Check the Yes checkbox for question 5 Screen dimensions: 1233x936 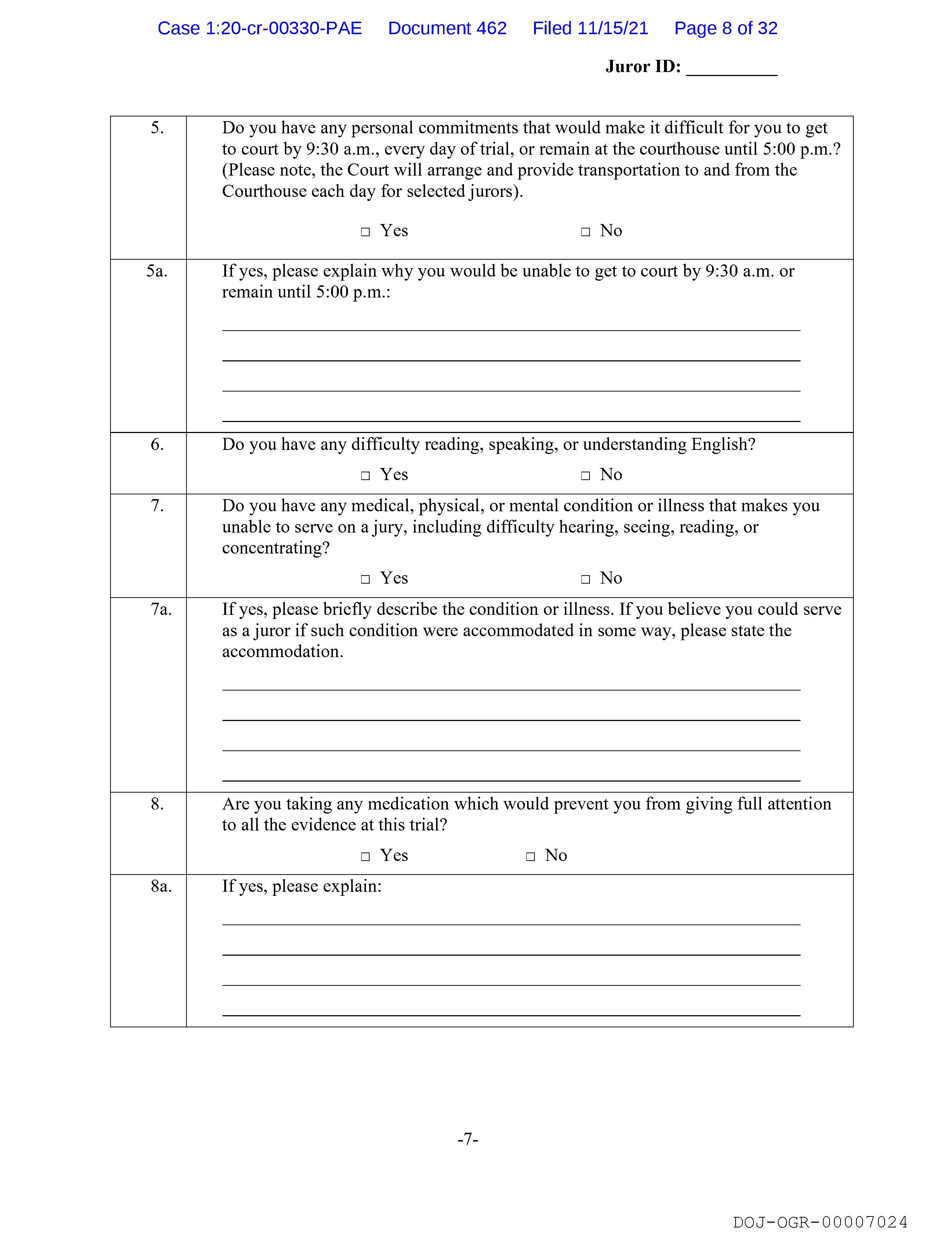(x=366, y=232)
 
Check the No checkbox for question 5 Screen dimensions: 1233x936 (x=585, y=232)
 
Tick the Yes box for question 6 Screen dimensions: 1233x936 (x=366, y=476)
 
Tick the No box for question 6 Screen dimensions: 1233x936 (x=585, y=476)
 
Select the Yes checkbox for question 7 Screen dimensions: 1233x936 (x=366, y=579)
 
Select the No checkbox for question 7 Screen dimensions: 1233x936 (x=585, y=579)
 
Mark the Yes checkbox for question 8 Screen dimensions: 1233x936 (x=366, y=856)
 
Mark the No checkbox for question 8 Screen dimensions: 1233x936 (x=530, y=856)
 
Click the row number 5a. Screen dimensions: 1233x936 (x=157, y=271)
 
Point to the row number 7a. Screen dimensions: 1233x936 (x=161, y=609)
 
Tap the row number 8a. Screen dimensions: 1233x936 (x=161, y=886)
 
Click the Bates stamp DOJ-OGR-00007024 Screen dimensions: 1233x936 (x=820, y=1222)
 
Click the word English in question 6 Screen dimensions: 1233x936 (x=723, y=444)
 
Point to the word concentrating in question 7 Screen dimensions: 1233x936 (x=276, y=548)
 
